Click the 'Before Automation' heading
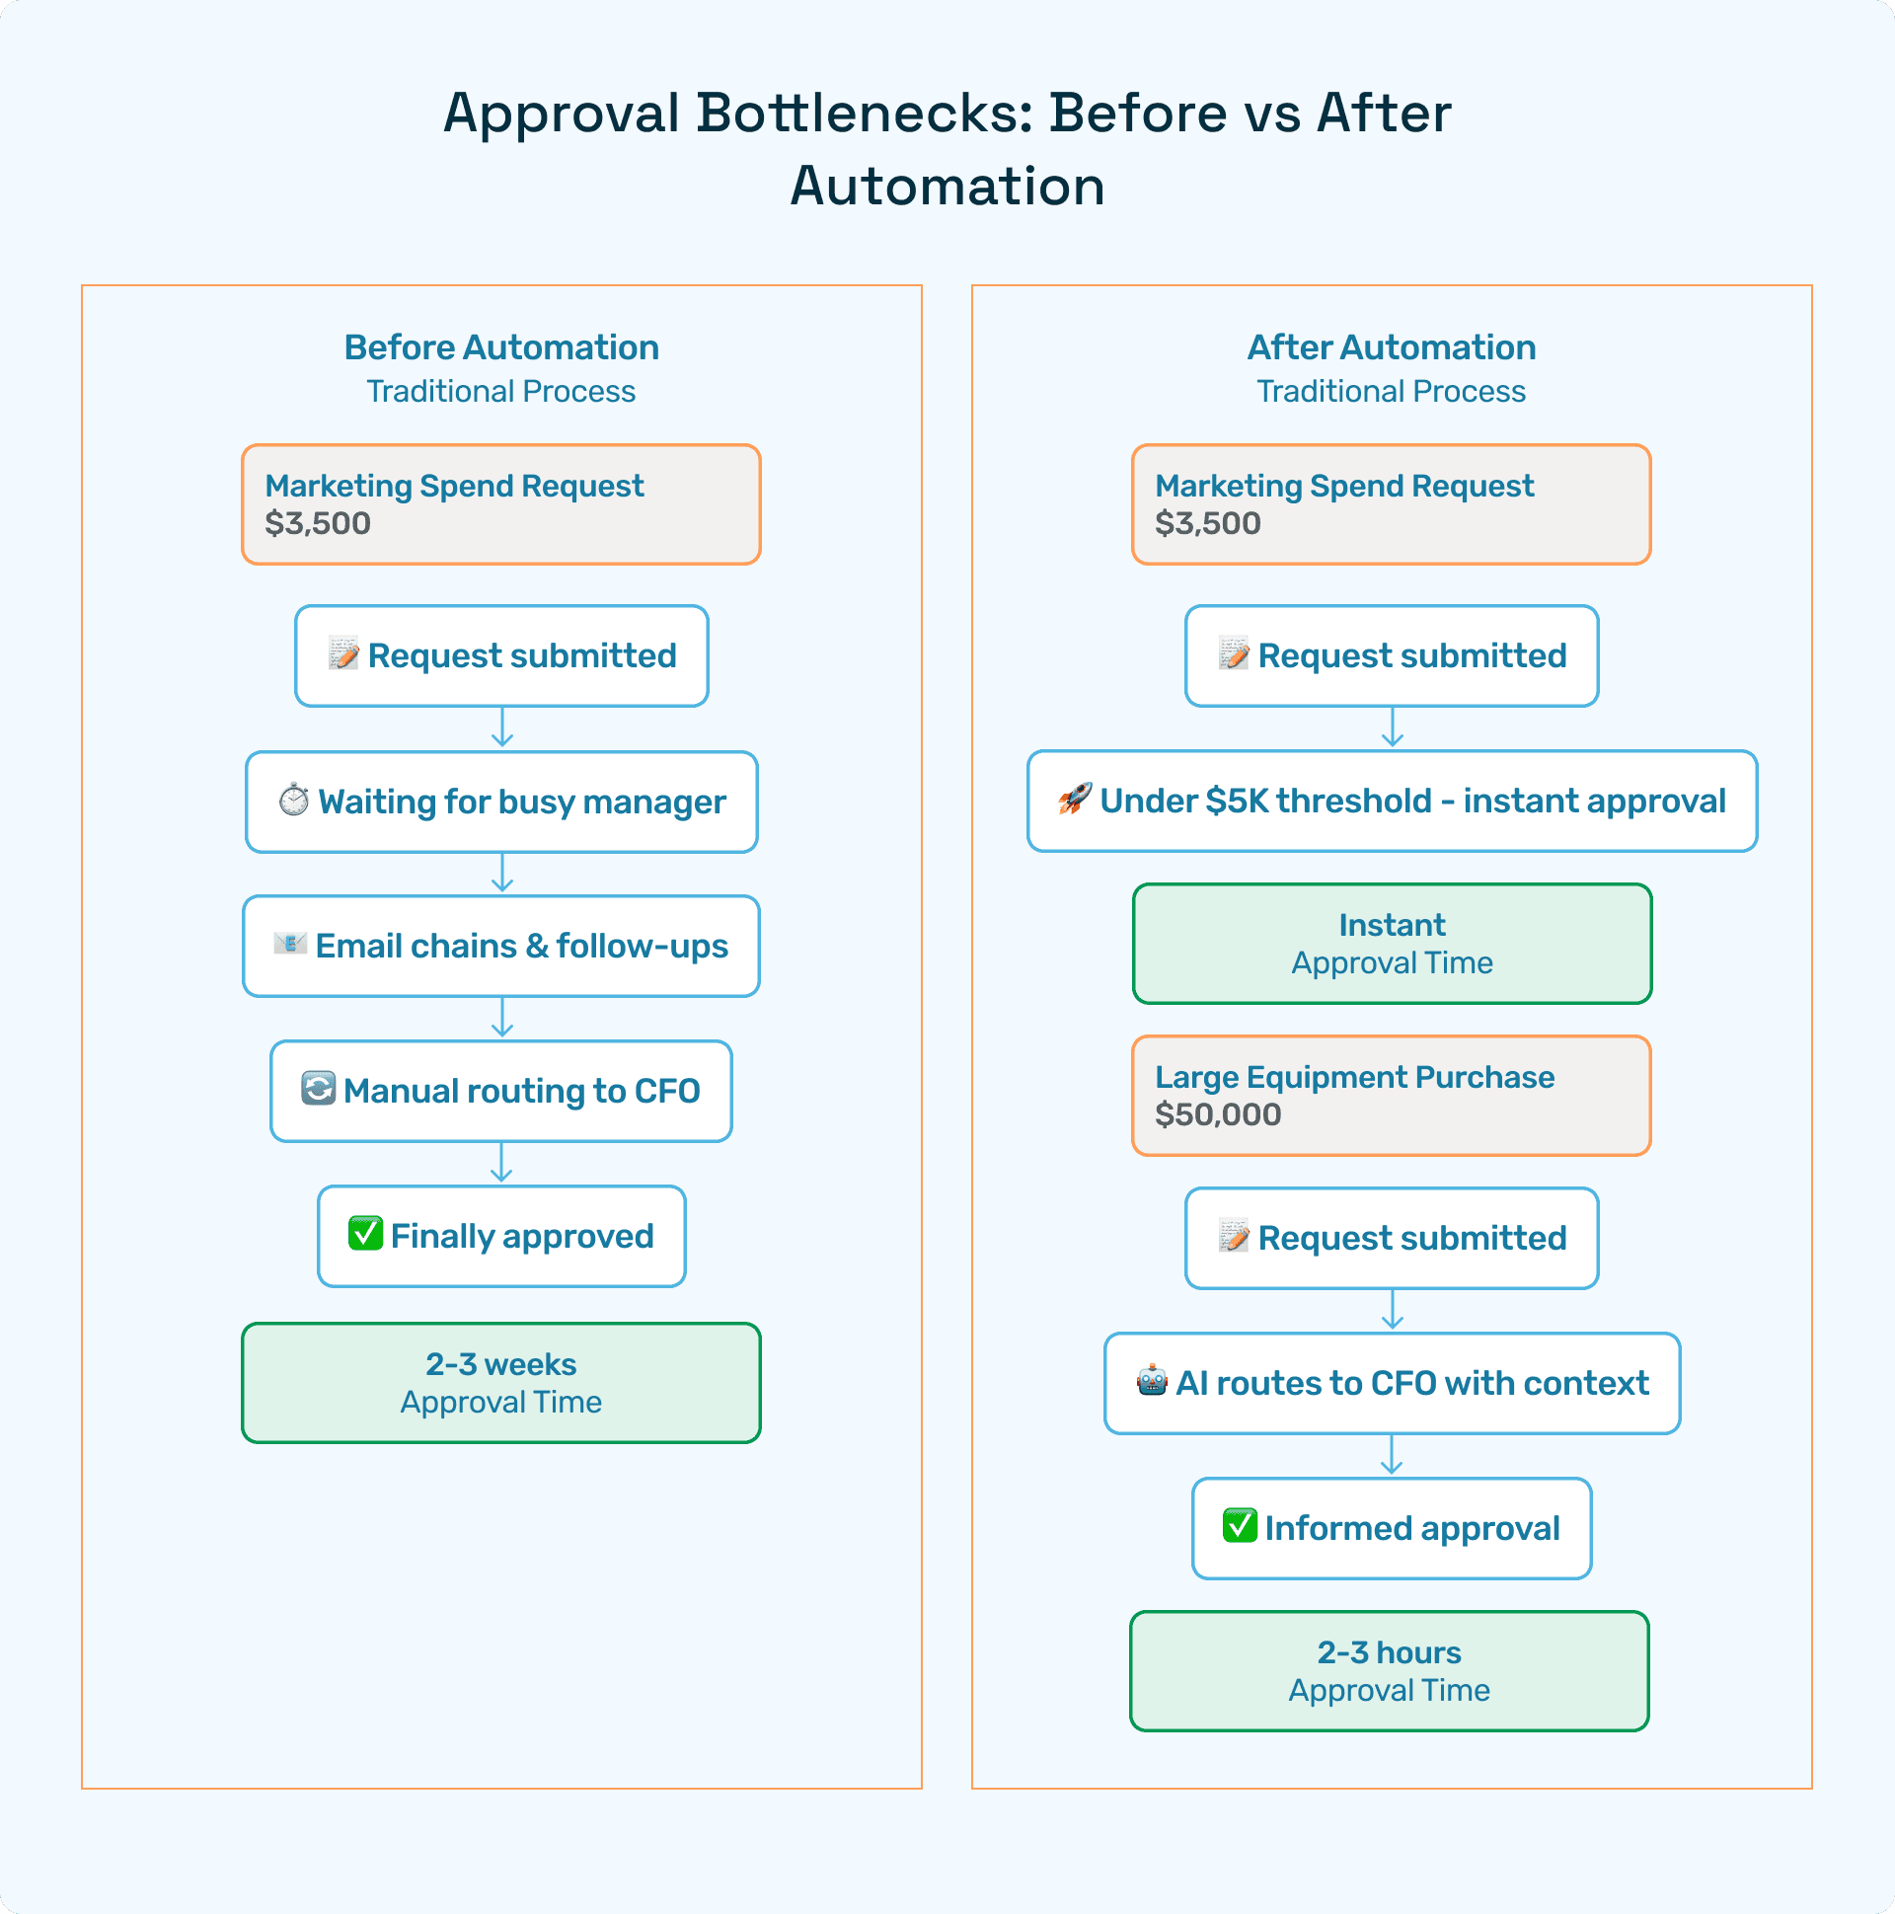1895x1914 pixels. pos(501,347)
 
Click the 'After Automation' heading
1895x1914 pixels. pos(1391,347)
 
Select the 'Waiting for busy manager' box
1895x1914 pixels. pos(501,802)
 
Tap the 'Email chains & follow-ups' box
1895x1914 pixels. pos(501,946)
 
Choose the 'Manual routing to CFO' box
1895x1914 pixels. pos(501,1091)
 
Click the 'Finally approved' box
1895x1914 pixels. pos(501,1236)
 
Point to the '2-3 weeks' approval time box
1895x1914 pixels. pos(501,1382)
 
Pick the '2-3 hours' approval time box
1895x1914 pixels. pos(1389,1670)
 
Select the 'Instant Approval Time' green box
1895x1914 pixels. pos(1392,943)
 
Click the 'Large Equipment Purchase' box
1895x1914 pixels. pos(1391,1095)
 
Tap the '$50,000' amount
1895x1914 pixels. pos(1217,1114)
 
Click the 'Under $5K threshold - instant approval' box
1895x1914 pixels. pos(1392,801)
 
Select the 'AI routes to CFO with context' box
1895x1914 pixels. pos(1392,1383)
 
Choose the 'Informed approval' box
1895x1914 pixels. pos(1392,1528)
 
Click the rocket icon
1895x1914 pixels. pos(1075,799)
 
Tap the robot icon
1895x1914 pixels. pos(1152,1380)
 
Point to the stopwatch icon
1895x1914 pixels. pos(293,800)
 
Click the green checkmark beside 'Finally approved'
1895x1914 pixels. pos(365,1234)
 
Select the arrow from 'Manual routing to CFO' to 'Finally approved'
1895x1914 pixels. pos(501,1163)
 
